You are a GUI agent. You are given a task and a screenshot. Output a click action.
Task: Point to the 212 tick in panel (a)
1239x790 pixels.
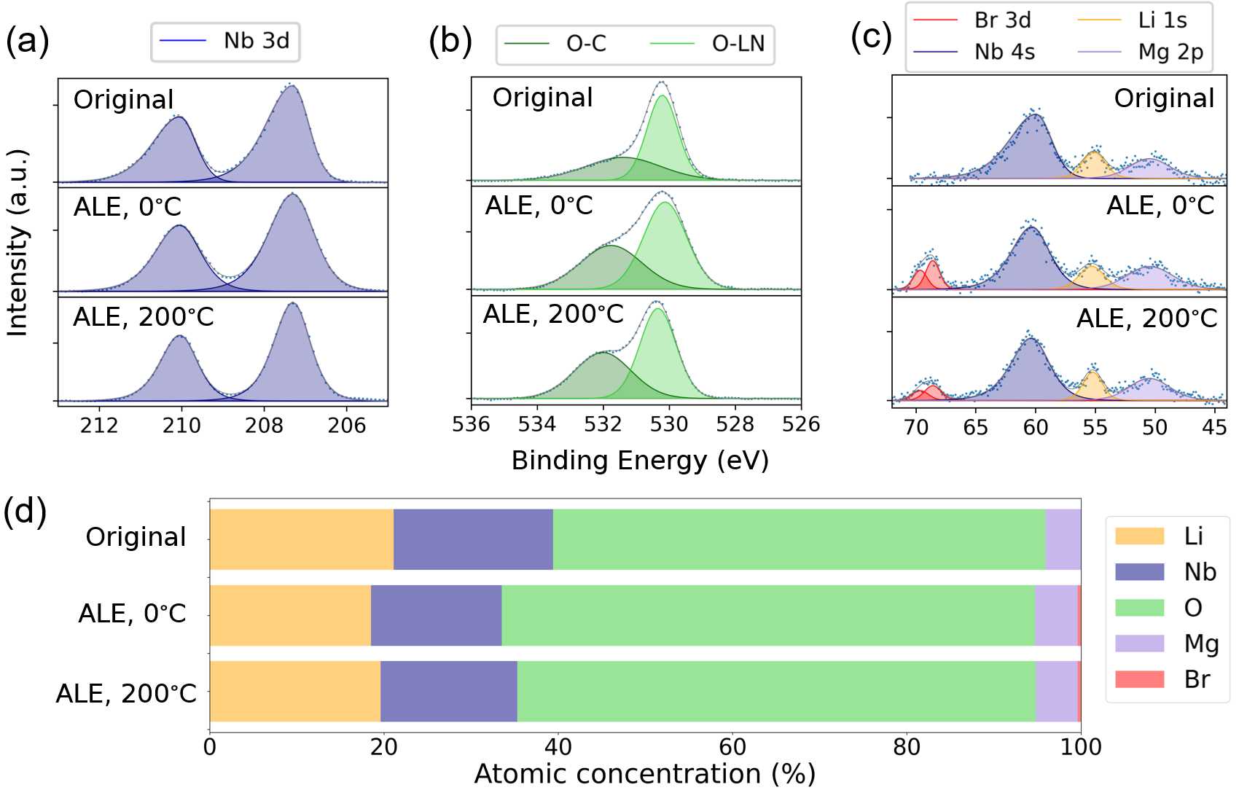coord(99,426)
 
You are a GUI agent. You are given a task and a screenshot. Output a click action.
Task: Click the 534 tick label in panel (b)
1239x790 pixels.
coord(537,424)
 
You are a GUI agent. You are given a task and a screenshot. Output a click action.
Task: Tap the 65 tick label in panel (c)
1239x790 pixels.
coord(976,427)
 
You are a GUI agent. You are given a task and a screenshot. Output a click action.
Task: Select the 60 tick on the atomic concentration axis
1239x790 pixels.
coord(732,747)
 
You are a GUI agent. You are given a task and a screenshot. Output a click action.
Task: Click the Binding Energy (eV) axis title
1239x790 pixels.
coord(640,461)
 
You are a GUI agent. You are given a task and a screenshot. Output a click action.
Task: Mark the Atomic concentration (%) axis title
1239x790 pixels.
coord(644,774)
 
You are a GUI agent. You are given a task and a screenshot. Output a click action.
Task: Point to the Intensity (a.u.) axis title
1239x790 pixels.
coord(17,243)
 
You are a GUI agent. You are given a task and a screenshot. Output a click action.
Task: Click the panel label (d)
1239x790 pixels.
coord(25,511)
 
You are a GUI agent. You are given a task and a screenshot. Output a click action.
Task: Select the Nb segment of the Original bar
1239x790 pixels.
coord(473,539)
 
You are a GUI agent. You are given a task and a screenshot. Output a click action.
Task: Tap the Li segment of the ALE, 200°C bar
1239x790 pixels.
coord(294,692)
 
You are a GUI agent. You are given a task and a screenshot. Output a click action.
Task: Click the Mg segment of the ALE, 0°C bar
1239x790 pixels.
coord(1055,615)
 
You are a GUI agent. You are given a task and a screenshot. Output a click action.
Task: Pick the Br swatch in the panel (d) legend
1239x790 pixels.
coord(1139,679)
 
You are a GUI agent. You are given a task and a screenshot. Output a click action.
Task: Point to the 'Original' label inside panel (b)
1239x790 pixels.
coord(542,98)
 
